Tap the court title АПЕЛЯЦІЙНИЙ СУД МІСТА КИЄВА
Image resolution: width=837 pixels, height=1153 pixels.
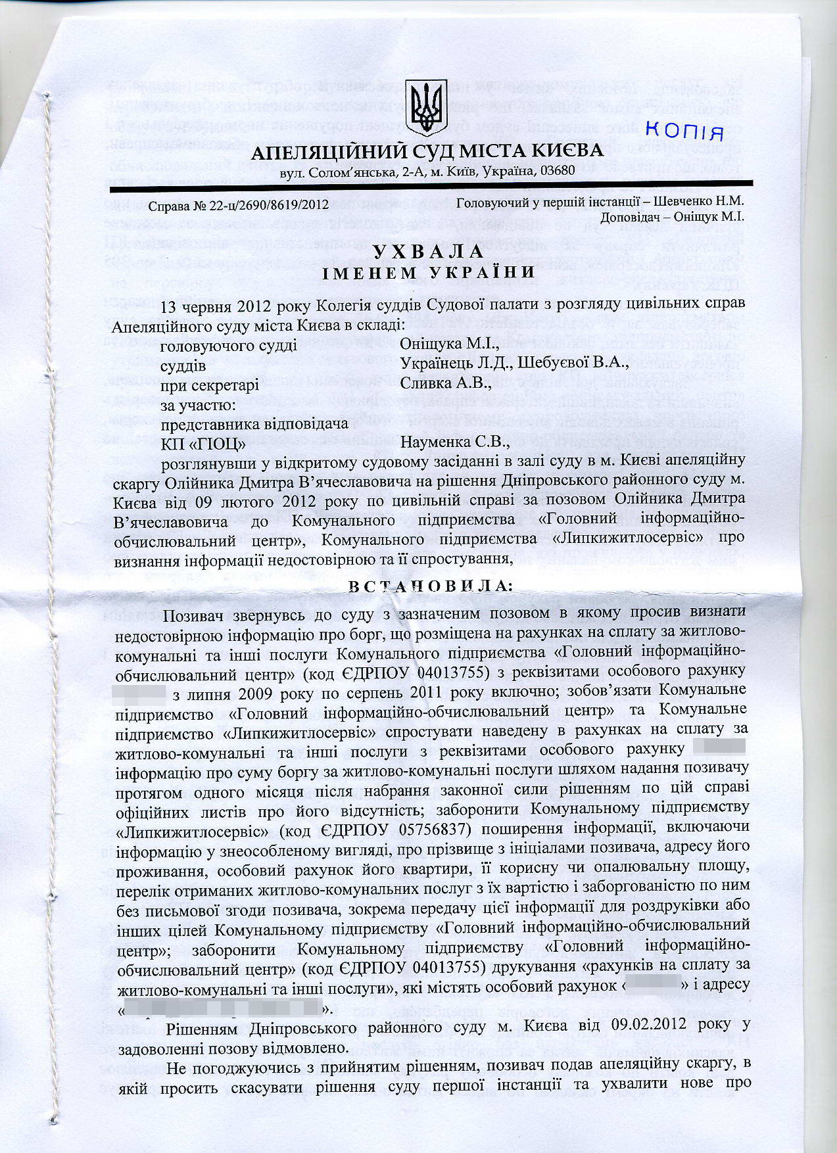pos(427,153)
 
